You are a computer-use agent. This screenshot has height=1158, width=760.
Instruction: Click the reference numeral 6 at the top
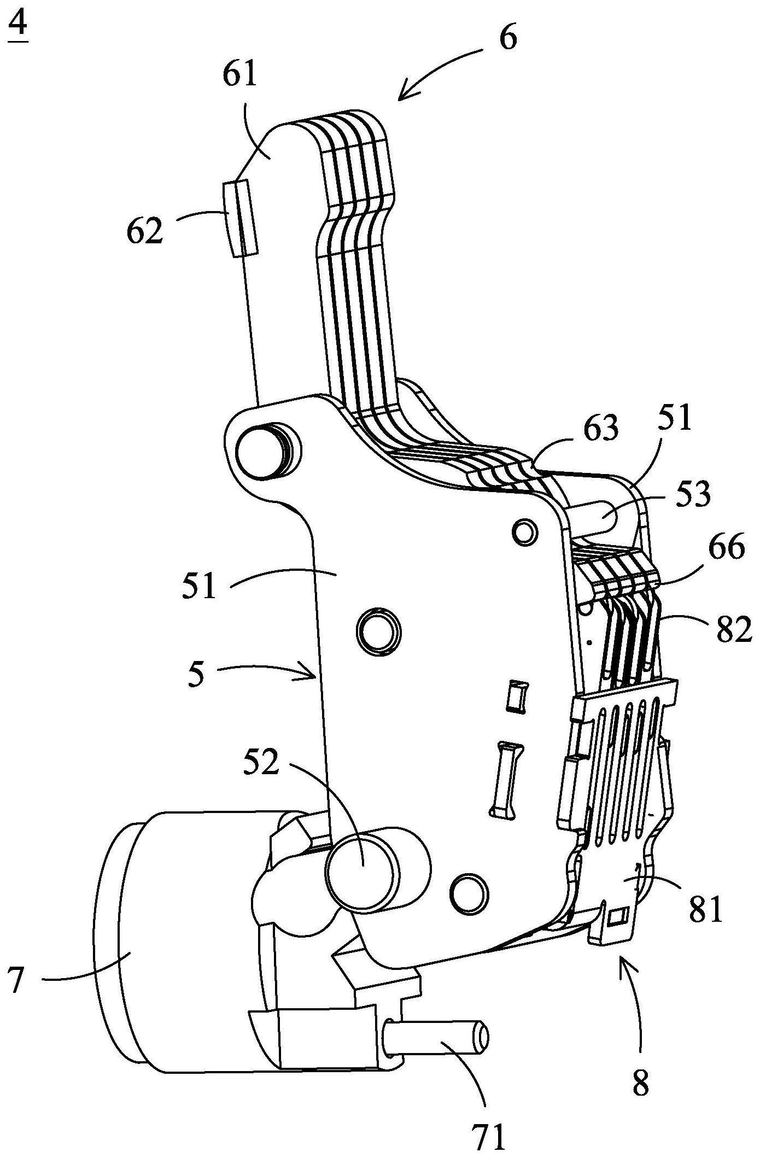(x=508, y=38)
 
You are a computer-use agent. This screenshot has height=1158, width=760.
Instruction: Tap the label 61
(x=239, y=75)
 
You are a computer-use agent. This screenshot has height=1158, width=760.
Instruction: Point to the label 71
(x=488, y=1136)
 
